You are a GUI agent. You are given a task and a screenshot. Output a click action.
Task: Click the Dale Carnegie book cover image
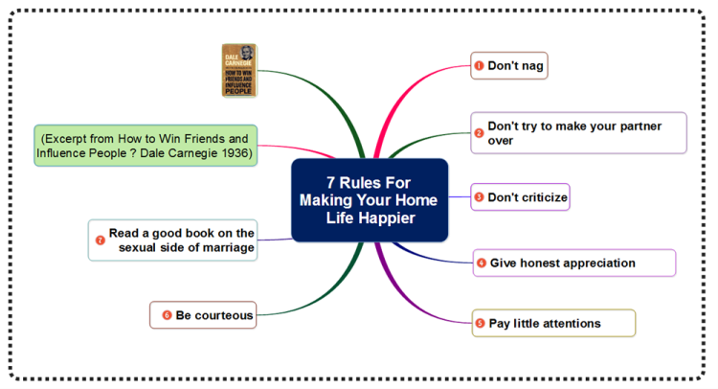click(239, 70)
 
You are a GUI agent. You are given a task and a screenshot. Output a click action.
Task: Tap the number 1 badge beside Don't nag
click(479, 66)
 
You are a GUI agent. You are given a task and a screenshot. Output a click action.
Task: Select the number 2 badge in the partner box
click(479, 133)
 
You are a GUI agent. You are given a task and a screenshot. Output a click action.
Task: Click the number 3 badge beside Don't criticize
click(479, 197)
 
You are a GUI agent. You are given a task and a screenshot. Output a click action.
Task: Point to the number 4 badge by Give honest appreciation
click(482, 263)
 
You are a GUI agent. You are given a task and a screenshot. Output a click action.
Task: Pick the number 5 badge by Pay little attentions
click(480, 324)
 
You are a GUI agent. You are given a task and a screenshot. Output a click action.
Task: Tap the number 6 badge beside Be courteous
click(168, 315)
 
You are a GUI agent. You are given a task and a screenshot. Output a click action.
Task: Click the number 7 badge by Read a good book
click(101, 240)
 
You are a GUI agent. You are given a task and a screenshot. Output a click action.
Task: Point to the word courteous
click(224, 315)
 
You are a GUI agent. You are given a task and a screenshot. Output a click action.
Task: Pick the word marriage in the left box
click(229, 248)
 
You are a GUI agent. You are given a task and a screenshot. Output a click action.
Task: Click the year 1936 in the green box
click(236, 153)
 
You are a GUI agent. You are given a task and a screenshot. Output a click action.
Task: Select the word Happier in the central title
click(387, 217)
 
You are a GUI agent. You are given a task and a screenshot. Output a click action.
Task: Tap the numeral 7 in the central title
click(330, 183)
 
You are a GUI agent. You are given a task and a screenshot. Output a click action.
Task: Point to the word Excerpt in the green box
click(63, 139)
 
